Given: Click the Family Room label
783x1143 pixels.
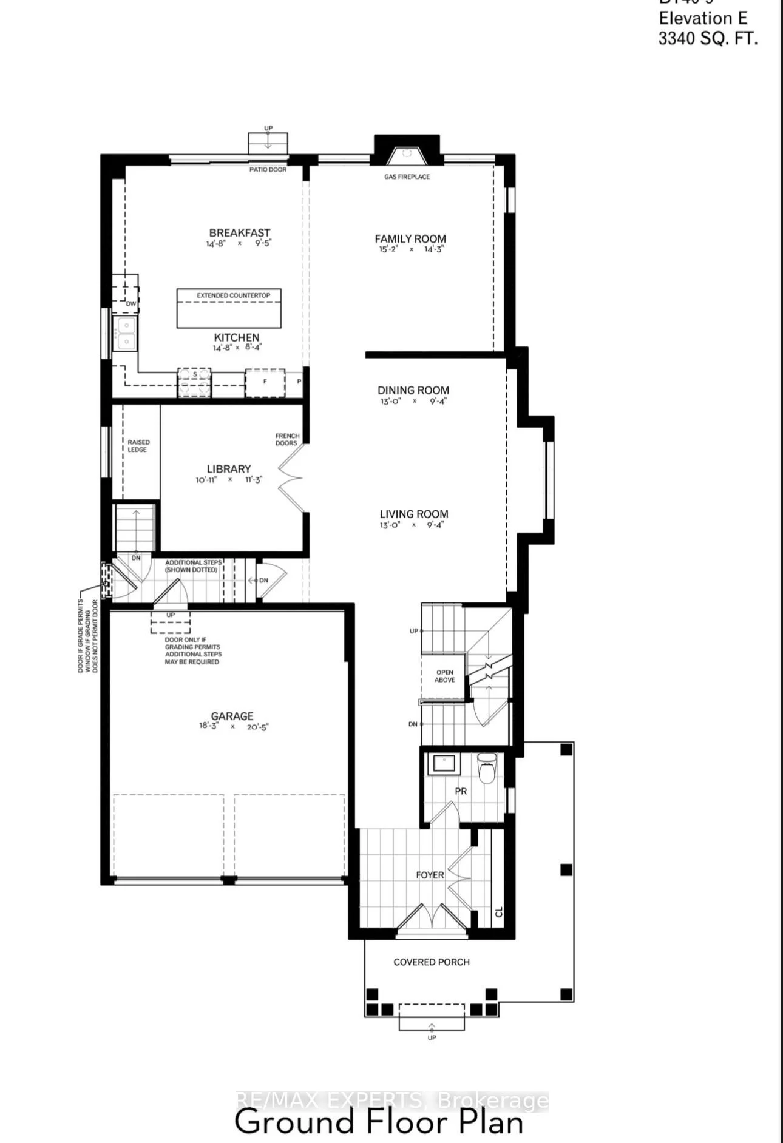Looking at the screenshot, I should tap(410, 238).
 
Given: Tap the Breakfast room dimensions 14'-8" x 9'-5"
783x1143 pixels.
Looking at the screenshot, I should tap(239, 243).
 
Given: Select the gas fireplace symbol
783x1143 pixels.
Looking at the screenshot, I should tap(407, 156).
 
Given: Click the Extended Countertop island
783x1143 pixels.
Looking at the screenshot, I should tap(229, 309).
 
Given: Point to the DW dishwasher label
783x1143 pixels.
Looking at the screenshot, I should tap(131, 303).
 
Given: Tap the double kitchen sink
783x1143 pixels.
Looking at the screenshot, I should tap(126, 334).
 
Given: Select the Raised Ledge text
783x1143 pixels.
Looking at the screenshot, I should tap(138, 446).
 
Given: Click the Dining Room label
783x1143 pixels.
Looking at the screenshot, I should tap(413, 390).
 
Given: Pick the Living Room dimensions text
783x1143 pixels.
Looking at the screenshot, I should tap(412, 525).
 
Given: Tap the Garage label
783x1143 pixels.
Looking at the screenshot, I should tap(232, 716).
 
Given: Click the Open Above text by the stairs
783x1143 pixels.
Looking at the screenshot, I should tap(444, 676).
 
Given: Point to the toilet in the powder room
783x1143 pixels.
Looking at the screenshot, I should tap(487, 769).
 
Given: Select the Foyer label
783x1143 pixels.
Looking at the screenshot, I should tap(430, 875).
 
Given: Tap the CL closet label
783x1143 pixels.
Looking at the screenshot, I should tap(499, 912).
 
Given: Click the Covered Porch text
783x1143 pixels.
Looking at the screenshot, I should tap(431, 962).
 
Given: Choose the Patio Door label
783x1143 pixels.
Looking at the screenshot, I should tap(268, 170).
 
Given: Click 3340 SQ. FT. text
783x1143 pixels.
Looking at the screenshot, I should tap(708, 39).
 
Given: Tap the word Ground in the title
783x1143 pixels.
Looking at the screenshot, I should tap(294, 1122).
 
